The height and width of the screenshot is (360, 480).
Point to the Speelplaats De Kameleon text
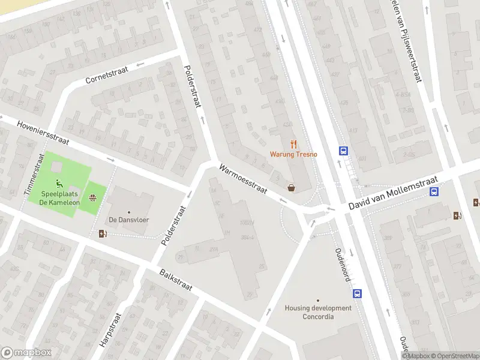pyautogui.click(x=60, y=197)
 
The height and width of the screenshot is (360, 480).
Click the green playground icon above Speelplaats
pyautogui.click(x=60, y=184)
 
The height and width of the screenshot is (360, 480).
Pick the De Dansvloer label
pyautogui.click(x=128, y=220)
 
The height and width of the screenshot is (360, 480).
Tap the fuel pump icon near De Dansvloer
pyautogui.click(x=103, y=233)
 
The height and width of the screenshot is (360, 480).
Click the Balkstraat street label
pyautogui.click(x=176, y=280)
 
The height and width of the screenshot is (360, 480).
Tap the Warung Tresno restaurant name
pyautogui.click(x=293, y=154)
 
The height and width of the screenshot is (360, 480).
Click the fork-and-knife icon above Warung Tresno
pyautogui.click(x=293, y=143)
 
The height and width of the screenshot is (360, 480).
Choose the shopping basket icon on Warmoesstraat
pyautogui.click(x=292, y=188)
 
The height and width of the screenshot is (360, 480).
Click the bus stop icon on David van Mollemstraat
pyautogui.click(x=434, y=192)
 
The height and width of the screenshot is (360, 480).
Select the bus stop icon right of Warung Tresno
pyautogui.click(x=344, y=151)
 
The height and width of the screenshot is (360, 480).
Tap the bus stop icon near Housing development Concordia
pyautogui.click(x=357, y=294)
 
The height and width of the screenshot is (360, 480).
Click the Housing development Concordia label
pyautogui.click(x=318, y=312)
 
